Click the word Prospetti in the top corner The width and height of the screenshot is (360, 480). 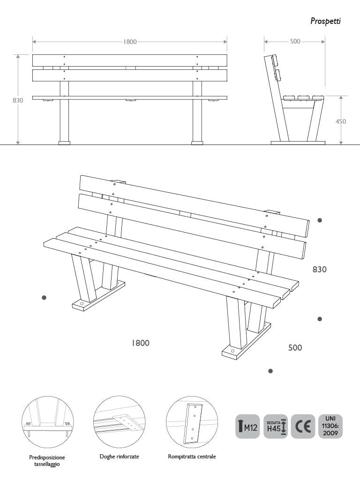pyautogui.click(x=325, y=21)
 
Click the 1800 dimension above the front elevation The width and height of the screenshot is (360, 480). pyautogui.click(x=130, y=42)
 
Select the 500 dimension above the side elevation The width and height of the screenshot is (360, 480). pyautogui.click(x=295, y=42)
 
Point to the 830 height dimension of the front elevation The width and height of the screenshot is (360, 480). pyautogui.click(x=18, y=100)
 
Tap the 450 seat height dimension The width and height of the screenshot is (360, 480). pyautogui.click(x=341, y=121)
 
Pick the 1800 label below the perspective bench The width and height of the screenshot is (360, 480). pyautogui.click(x=140, y=343)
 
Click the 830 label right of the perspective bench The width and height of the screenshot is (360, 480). pyautogui.click(x=320, y=270)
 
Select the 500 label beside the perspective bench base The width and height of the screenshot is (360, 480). pyautogui.click(x=295, y=348)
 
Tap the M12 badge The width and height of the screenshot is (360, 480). pyautogui.click(x=247, y=426)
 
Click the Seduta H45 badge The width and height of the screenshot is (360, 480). pyautogui.click(x=276, y=426)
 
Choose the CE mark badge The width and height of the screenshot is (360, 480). pyautogui.click(x=303, y=426)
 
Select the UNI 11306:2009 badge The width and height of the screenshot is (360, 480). pyautogui.click(x=330, y=426)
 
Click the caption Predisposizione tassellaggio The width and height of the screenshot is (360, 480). pyautogui.click(x=47, y=460)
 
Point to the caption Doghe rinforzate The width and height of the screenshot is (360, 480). pyautogui.click(x=119, y=456)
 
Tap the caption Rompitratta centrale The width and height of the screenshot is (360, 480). pyautogui.click(x=192, y=456)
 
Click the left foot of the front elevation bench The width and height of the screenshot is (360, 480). pyautogui.click(x=64, y=142)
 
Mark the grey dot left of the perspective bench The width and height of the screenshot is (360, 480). pyautogui.click(x=44, y=297)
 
